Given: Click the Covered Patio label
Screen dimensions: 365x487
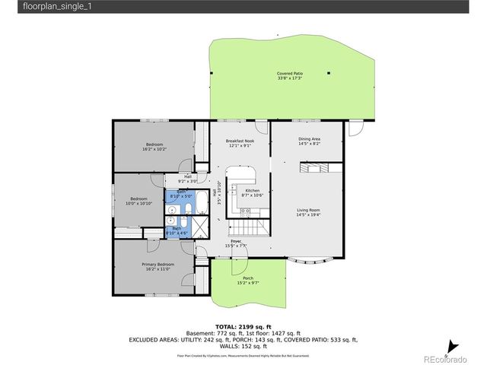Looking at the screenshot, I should (x=288, y=74).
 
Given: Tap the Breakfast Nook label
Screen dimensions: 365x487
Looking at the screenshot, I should (x=240, y=141).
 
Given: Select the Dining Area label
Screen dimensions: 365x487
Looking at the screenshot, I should (x=309, y=139).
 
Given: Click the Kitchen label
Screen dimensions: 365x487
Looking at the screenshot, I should (x=252, y=191).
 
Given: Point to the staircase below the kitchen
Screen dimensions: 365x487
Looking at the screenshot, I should (x=248, y=226).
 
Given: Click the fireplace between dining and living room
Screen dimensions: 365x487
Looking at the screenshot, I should (x=314, y=169).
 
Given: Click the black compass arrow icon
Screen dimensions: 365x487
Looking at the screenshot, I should (x=452, y=343).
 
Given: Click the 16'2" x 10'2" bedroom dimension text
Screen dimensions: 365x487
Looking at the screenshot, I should (x=154, y=149).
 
